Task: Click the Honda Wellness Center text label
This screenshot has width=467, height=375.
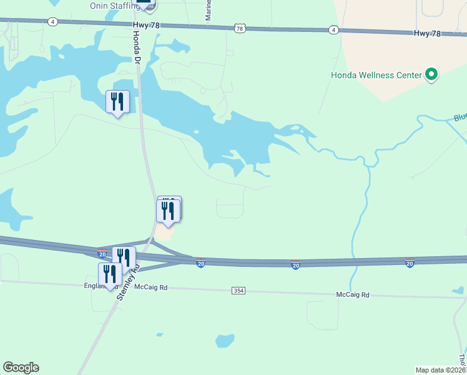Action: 376,75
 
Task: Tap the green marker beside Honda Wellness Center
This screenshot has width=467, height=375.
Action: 431,75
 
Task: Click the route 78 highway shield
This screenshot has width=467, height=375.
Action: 240,28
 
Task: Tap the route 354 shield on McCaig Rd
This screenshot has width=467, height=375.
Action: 238,291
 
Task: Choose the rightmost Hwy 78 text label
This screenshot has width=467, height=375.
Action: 430,33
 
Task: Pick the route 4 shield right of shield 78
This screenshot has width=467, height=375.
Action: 334,30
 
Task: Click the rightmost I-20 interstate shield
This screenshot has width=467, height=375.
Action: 410,263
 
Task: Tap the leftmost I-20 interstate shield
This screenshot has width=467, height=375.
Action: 102,254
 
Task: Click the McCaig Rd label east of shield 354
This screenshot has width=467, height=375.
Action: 353,294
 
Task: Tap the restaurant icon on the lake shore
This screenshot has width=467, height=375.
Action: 117,102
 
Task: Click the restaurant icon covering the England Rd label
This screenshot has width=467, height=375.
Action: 110,274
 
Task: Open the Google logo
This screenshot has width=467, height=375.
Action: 21,367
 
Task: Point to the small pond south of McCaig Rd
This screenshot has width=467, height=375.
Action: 225,341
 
